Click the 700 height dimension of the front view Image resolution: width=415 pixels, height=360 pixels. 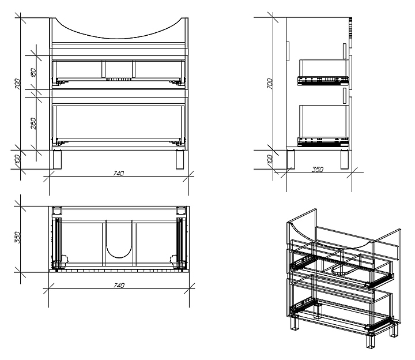18,84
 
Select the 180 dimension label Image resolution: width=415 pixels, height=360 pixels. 33,73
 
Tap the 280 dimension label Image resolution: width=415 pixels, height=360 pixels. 33,123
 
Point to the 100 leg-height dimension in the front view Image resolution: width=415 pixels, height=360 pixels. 18,159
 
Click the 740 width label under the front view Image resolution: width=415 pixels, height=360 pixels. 119,173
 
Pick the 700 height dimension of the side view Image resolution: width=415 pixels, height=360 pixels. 269,84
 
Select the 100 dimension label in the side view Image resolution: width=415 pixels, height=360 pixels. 269,159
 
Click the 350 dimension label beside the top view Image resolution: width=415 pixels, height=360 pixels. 18,237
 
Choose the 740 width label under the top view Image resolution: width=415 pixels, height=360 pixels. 119,285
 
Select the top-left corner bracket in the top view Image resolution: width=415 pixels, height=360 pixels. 57,211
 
